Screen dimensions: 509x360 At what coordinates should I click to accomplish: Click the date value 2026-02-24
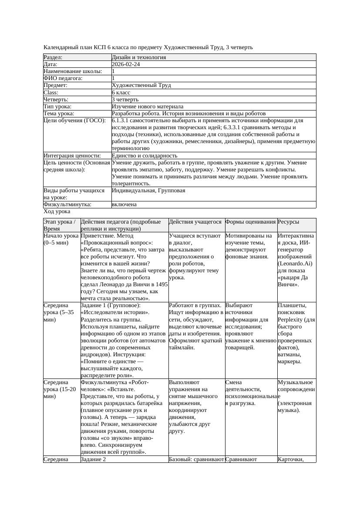(126, 64)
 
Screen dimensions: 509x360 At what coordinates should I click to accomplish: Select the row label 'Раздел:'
(53, 57)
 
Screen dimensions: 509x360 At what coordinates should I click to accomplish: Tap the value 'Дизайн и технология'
(138, 57)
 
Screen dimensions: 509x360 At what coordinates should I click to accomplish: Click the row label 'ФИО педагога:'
(63, 78)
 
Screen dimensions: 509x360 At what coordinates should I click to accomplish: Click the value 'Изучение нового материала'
(147, 107)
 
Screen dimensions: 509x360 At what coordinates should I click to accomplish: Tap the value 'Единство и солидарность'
(144, 155)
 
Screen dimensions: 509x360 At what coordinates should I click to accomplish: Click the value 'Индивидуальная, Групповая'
(148, 191)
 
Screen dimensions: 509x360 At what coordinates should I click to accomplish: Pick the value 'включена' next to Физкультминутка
(124, 204)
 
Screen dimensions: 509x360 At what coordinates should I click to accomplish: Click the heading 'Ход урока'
(57, 211)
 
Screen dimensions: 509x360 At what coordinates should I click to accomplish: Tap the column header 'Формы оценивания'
(250, 222)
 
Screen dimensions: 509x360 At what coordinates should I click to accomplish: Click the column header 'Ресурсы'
(288, 222)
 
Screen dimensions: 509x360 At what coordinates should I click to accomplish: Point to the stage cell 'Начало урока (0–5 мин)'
(61, 239)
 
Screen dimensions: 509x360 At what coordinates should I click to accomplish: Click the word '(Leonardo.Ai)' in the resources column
(295, 264)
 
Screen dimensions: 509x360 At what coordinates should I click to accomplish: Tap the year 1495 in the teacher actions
(161, 284)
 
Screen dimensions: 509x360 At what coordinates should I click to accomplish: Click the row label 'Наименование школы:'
(73, 71)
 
